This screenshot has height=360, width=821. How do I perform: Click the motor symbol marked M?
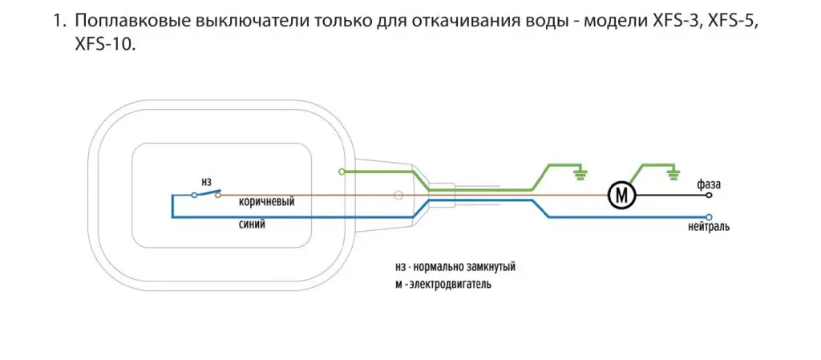pos(621,194)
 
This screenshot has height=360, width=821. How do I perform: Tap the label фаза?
pos(710,183)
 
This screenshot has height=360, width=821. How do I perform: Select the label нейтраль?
pos(708,229)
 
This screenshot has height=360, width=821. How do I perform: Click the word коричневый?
pos(266,201)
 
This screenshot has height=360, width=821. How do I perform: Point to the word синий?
pos(252,225)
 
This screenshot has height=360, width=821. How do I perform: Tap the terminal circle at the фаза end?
pos(709,195)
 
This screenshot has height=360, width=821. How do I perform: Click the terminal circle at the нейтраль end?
pos(709,216)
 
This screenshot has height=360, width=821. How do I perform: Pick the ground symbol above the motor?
pos(673,171)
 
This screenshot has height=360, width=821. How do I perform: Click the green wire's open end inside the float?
pos(342,171)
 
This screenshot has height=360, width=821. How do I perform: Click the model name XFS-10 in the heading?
pos(100,46)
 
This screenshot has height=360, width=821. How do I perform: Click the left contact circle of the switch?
pos(194,195)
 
